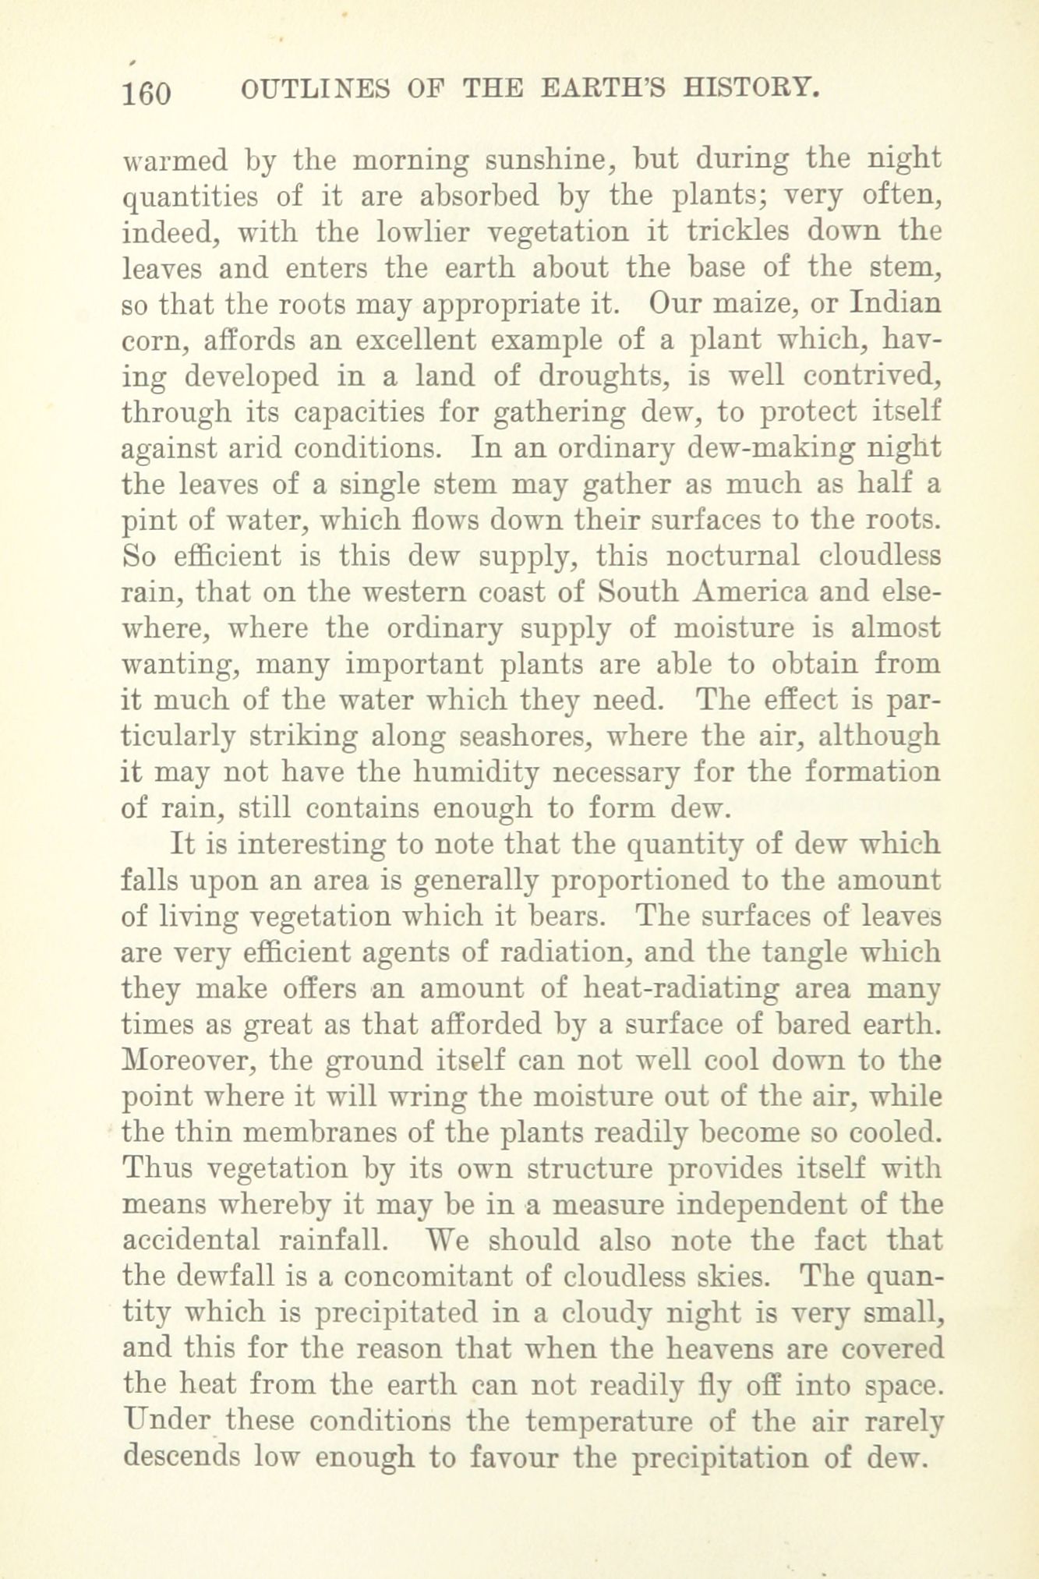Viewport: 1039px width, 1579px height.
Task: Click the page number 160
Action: coord(147,94)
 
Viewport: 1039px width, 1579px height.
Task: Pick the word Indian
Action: coord(895,303)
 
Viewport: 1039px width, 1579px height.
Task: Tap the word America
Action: coord(751,592)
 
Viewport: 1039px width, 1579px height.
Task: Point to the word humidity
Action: coord(473,772)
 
